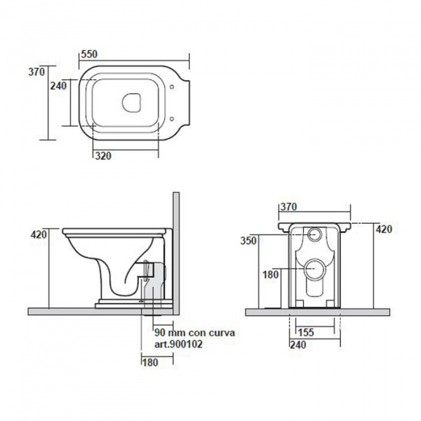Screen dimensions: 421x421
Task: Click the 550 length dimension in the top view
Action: pyautogui.click(x=89, y=54)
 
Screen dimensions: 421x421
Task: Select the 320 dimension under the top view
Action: pyautogui.click(x=103, y=156)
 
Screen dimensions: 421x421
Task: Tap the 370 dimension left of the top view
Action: pyautogui.click(x=36, y=72)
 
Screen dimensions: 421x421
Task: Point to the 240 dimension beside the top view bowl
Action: pyautogui.click(x=58, y=86)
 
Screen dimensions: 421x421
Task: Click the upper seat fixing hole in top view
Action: pyautogui.click(x=172, y=87)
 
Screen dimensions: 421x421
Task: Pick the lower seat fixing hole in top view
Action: pyautogui.click(x=172, y=119)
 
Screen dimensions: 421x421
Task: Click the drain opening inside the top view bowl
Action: pyautogui.click(x=131, y=103)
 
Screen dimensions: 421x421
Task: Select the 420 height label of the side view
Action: pyautogui.click(x=39, y=234)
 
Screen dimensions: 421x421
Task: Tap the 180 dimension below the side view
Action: pyautogui.click(x=150, y=363)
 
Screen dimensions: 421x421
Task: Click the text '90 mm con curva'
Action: pyautogui.click(x=194, y=333)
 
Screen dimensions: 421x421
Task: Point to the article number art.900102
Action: pyautogui.click(x=178, y=345)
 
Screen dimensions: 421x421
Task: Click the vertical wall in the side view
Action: pyautogui.click(x=176, y=253)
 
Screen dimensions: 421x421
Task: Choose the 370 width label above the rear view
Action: pyautogui.click(x=288, y=207)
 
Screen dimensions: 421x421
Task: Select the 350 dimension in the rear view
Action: pyautogui.click(x=248, y=241)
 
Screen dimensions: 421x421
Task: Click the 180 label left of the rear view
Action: pyautogui.click(x=271, y=274)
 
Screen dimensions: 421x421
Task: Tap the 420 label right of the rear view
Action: pyautogui.click(x=384, y=229)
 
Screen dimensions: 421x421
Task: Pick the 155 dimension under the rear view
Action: pyautogui.click(x=306, y=333)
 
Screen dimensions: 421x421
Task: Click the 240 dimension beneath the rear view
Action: pyautogui.click(x=298, y=345)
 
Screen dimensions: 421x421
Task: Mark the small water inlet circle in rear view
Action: pyautogui.click(x=314, y=234)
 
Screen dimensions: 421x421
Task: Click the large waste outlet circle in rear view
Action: pyautogui.click(x=315, y=269)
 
